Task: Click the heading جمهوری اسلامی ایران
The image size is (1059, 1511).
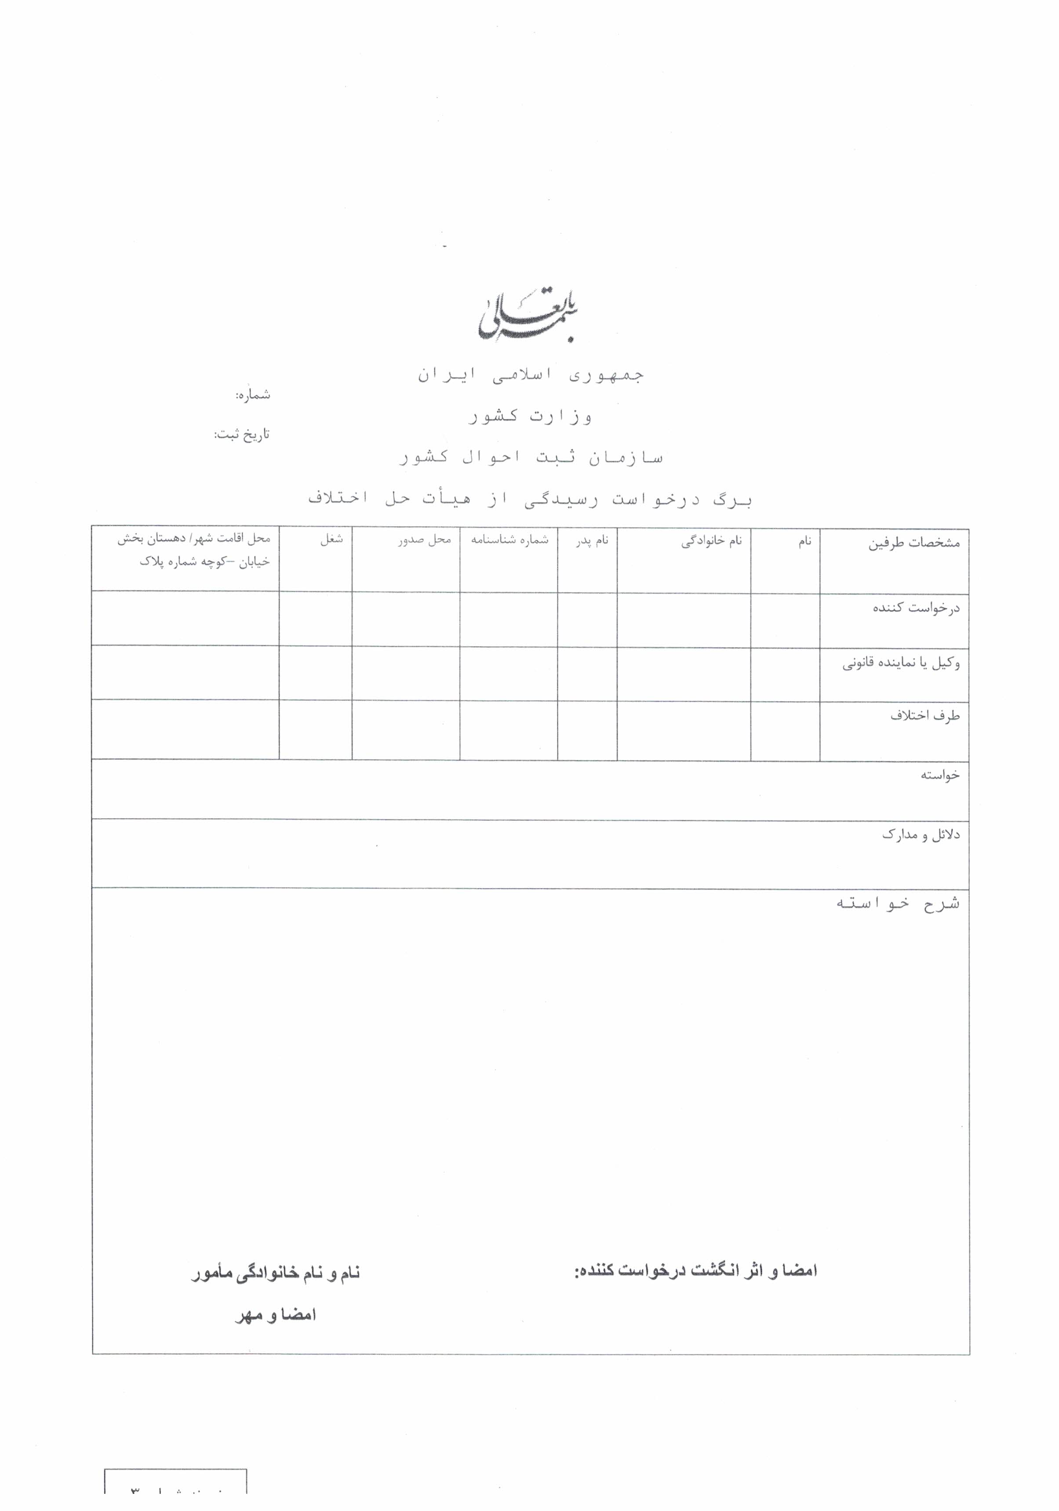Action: coord(531,375)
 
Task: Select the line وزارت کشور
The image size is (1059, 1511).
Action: coord(531,416)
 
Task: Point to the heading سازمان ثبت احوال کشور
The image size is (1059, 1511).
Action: coord(531,457)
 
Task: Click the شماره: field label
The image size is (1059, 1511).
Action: coord(253,395)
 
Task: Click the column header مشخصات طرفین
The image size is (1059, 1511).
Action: coord(914,543)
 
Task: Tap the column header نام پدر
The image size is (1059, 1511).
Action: coord(592,541)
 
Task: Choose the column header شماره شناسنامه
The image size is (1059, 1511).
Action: coord(509,540)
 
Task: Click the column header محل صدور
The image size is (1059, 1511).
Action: coord(425,540)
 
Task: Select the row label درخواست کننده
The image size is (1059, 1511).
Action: coord(916,608)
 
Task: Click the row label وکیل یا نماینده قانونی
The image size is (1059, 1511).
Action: coord(901,663)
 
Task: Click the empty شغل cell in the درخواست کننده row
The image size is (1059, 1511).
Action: coord(315,618)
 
